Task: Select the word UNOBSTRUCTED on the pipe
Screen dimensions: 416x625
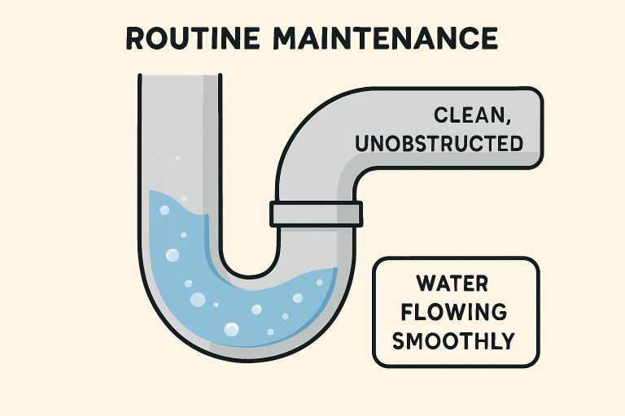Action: [439, 144]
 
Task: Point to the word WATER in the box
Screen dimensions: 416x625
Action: [452, 284]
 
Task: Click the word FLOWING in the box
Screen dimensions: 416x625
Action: [453, 312]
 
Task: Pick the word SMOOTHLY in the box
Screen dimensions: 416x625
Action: [453, 340]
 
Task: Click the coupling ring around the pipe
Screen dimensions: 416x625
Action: [317, 214]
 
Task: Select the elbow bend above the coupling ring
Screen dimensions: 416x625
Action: [313, 138]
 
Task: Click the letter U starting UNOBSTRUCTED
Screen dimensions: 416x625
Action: [365, 144]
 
